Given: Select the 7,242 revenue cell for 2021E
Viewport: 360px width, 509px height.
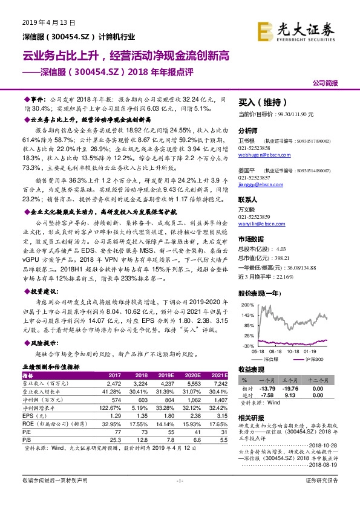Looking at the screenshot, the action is click(219, 384).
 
